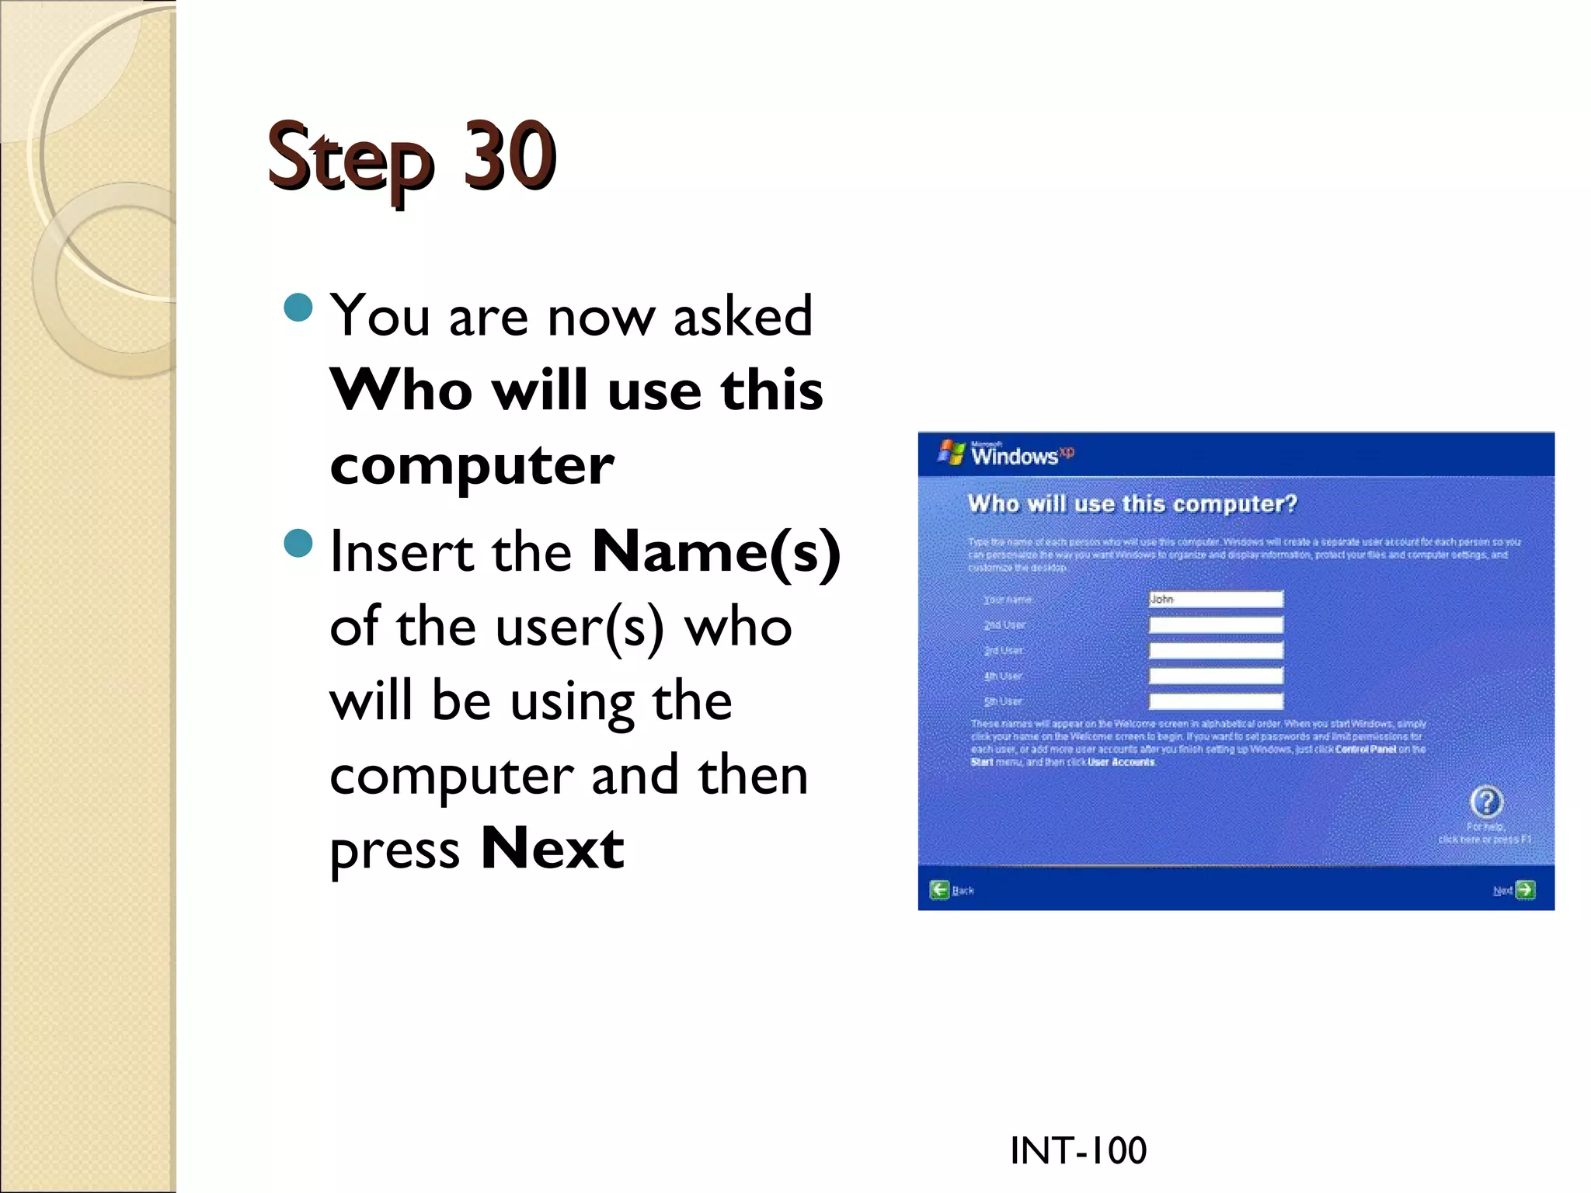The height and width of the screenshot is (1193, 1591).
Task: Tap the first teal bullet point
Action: click(x=298, y=308)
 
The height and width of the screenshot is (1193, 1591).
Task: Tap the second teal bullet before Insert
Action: click(x=298, y=543)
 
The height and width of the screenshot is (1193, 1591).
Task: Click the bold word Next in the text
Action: click(x=552, y=848)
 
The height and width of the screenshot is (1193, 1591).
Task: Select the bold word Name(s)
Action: click(x=715, y=551)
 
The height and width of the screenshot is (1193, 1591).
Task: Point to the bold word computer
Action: click(x=472, y=465)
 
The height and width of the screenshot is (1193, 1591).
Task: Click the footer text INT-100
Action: click(x=1077, y=1150)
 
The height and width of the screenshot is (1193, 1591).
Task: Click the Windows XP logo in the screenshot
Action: click(x=1005, y=454)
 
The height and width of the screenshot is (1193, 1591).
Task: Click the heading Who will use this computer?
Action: click(x=1132, y=503)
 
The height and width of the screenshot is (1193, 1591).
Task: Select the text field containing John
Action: click(x=1216, y=599)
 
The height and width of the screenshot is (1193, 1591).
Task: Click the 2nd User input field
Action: click(x=1216, y=624)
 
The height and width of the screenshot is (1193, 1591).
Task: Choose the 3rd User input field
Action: click(x=1216, y=650)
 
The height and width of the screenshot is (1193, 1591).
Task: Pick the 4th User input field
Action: click(x=1216, y=676)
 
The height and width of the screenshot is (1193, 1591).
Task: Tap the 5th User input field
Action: click(x=1216, y=701)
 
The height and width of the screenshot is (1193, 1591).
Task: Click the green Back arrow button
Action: click(x=940, y=890)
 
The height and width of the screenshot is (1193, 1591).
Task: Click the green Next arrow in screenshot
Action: click(x=1525, y=890)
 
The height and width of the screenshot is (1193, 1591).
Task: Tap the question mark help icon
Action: click(x=1486, y=802)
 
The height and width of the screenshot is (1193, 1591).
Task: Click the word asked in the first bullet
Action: click(x=742, y=317)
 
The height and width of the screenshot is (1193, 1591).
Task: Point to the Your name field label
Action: click(x=1008, y=600)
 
